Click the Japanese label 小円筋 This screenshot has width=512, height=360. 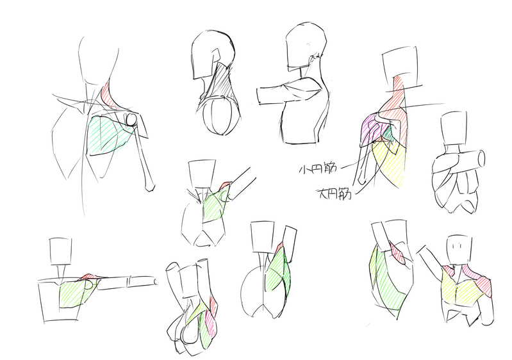[318, 168]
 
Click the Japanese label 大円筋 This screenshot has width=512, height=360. [334, 193]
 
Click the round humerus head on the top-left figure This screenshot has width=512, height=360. [131, 119]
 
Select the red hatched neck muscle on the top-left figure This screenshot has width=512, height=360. [108, 95]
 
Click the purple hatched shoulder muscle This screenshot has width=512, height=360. [373, 129]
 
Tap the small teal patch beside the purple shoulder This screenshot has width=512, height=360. [388, 133]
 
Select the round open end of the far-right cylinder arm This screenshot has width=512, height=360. [481, 159]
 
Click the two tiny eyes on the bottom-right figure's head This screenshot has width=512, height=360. [459, 245]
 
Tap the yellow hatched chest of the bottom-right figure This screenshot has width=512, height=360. [459, 289]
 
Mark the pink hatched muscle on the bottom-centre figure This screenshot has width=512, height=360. [210, 322]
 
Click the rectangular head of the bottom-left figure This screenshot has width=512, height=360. [60, 251]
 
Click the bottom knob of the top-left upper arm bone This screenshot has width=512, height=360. [149, 186]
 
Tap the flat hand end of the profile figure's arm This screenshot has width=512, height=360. [259, 96]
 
